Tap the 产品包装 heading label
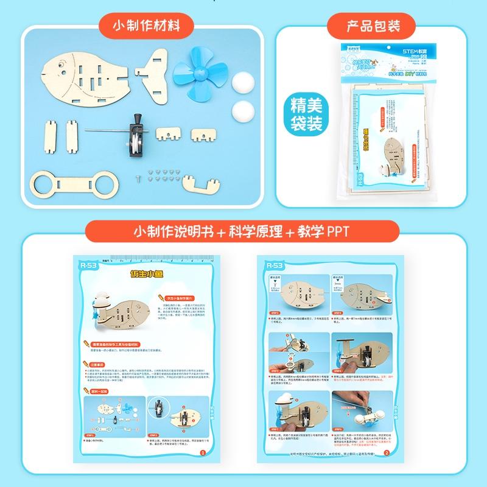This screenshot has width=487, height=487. tap(372, 27)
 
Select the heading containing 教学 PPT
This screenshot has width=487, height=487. tap(243, 232)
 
